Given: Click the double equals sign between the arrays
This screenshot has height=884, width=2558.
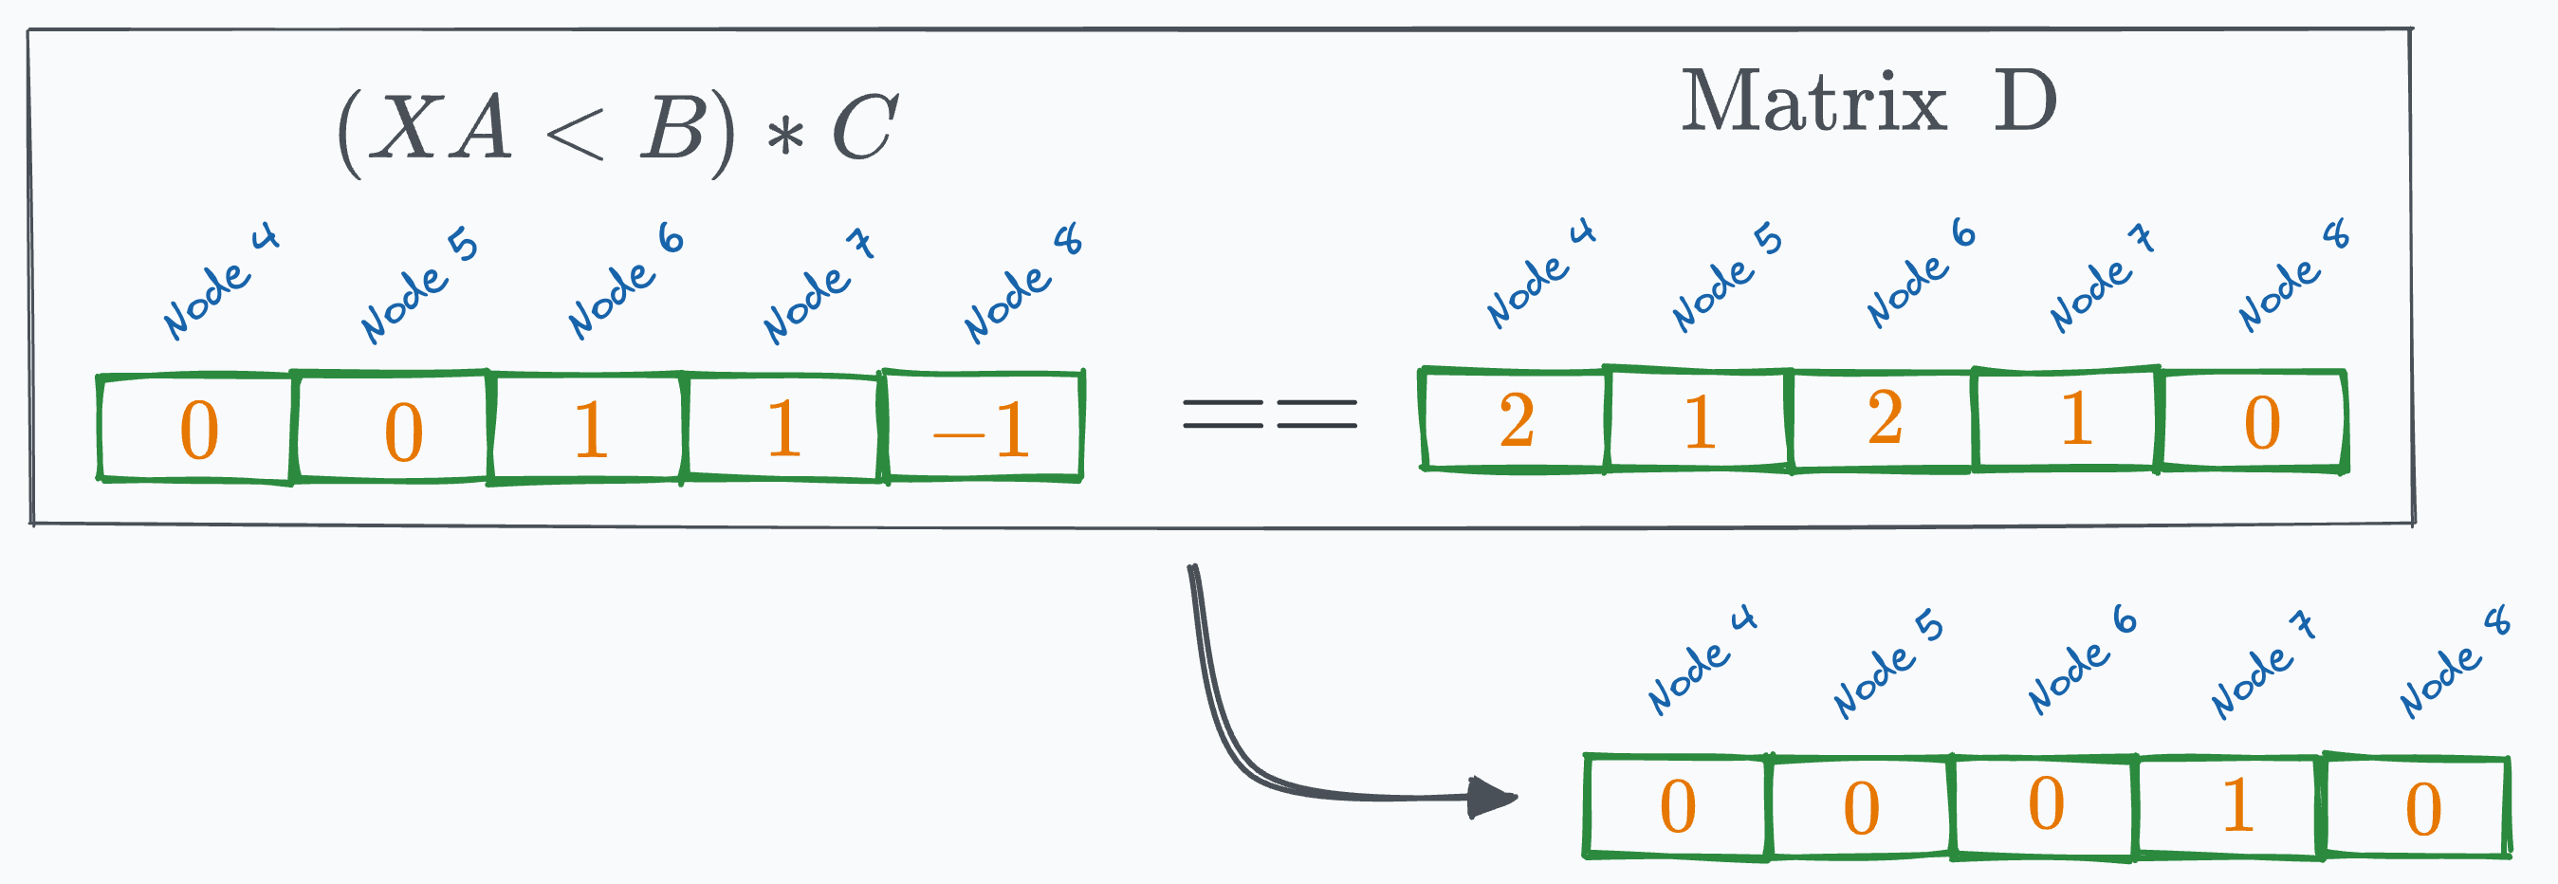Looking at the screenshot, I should (x=1269, y=414).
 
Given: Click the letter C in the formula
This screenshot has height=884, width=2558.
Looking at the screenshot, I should (x=864, y=128).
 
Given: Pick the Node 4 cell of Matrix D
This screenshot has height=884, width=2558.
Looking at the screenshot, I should (x=1516, y=419).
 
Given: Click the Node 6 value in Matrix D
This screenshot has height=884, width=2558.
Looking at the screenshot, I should (x=1884, y=419).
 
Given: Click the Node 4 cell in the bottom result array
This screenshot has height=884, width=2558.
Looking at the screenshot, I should (x=1678, y=805).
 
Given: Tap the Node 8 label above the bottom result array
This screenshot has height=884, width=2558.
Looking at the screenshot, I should (x=2453, y=664).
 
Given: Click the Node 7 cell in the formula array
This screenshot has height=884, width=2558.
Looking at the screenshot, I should (x=783, y=428).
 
